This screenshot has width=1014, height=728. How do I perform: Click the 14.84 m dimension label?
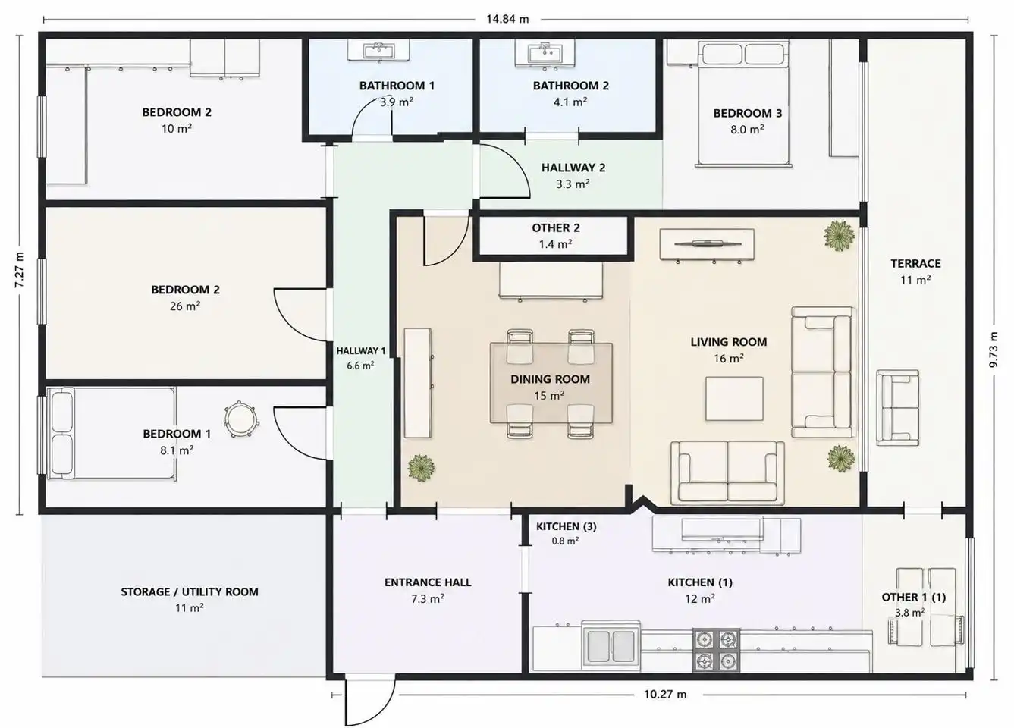click(x=507, y=19)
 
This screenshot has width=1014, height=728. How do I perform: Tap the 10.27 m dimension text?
click(x=665, y=694)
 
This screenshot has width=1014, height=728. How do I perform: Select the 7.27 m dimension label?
click(x=19, y=270)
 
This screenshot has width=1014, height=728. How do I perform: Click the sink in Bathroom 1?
click(x=378, y=50)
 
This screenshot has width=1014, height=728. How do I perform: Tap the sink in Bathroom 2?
click(x=545, y=53)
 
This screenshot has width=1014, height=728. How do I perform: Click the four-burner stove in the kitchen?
click(x=716, y=651)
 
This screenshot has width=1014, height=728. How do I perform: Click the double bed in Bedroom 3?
click(x=743, y=104)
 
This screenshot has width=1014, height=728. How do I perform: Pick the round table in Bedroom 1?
click(x=240, y=419)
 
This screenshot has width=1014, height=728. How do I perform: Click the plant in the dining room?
click(x=421, y=468)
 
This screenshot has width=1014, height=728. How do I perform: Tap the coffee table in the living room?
click(x=734, y=398)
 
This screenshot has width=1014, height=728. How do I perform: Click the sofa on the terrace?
click(x=898, y=407)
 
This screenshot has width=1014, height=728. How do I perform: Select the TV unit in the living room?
click(x=707, y=245)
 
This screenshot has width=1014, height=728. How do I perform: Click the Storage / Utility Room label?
click(x=189, y=591)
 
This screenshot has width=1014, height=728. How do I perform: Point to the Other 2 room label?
click(x=555, y=227)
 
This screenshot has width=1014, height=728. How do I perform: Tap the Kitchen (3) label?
click(x=566, y=526)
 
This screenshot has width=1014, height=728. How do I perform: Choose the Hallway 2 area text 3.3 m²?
click(x=573, y=184)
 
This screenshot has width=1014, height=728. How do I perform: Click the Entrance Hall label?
click(x=428, y=582)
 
